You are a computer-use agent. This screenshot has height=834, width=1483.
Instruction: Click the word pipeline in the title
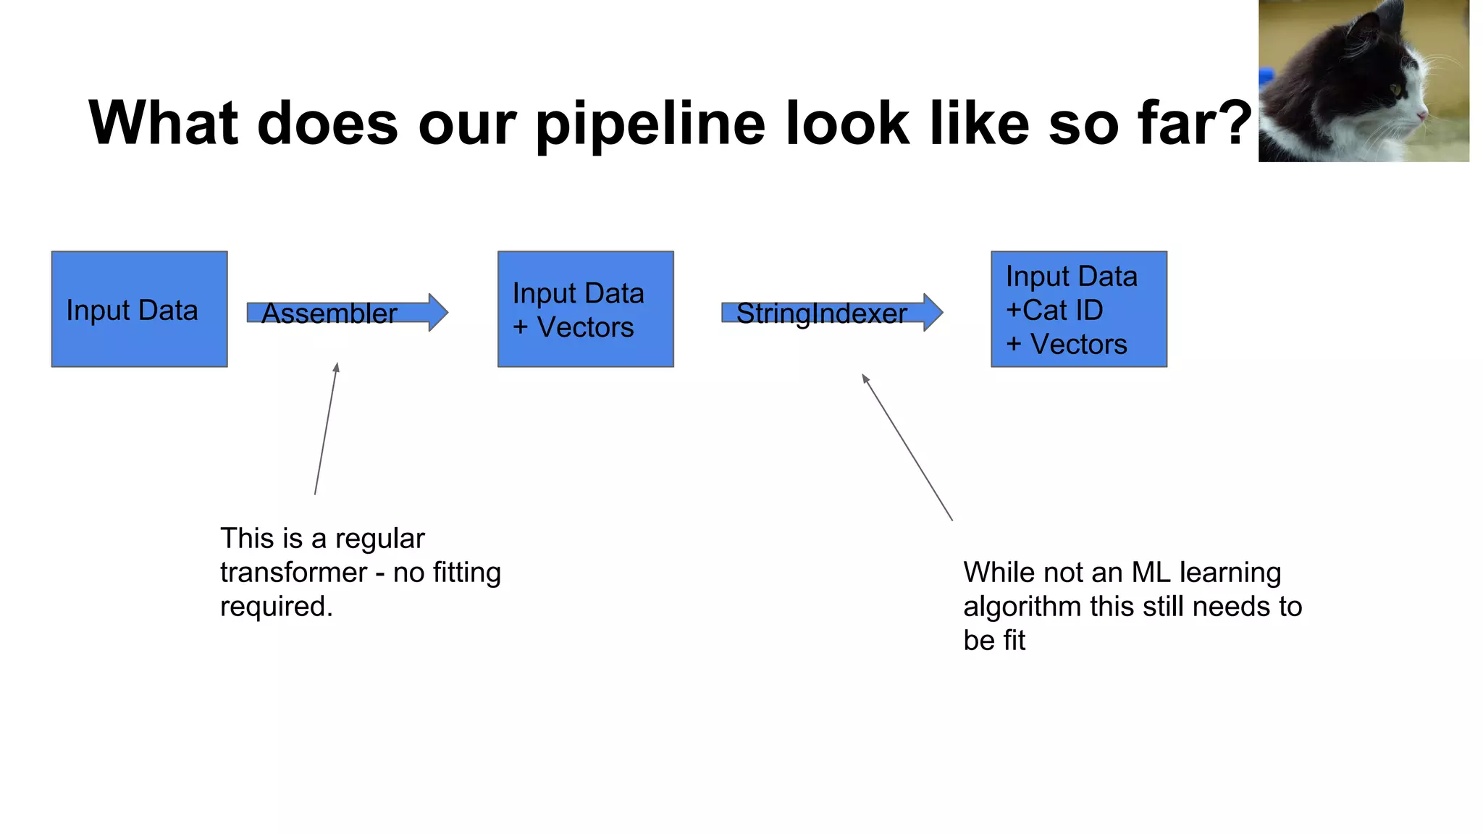tap(650, 125)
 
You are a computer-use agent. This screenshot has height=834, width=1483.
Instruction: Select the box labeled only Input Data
tap(139, 309)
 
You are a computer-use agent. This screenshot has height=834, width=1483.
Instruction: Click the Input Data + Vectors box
tap(585, 309)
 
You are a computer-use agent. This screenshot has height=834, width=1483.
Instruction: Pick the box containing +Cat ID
tap(1078, 309)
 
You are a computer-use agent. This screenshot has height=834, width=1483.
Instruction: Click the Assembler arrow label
tap(329, 313)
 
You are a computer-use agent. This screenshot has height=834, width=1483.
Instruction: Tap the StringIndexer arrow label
tap(821, 313)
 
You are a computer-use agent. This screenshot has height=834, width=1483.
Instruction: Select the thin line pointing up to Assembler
tap(326, 429)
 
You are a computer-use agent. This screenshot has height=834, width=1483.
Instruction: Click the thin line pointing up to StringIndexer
tap(907, 447)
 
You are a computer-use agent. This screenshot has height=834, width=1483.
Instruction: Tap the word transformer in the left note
tap(293, 573)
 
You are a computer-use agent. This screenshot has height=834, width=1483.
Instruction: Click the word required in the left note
tap(275, 607)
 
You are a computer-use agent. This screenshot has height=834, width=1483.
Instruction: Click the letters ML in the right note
tap(1151, 573)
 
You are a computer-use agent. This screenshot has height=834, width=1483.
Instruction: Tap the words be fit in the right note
tap(993, 641)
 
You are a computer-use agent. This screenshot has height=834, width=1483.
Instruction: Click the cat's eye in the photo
tap(1394, 90)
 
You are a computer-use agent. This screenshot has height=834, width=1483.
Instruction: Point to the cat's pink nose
tap(1421, 114)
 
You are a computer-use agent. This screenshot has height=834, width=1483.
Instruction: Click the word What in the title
tap(163, 123)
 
